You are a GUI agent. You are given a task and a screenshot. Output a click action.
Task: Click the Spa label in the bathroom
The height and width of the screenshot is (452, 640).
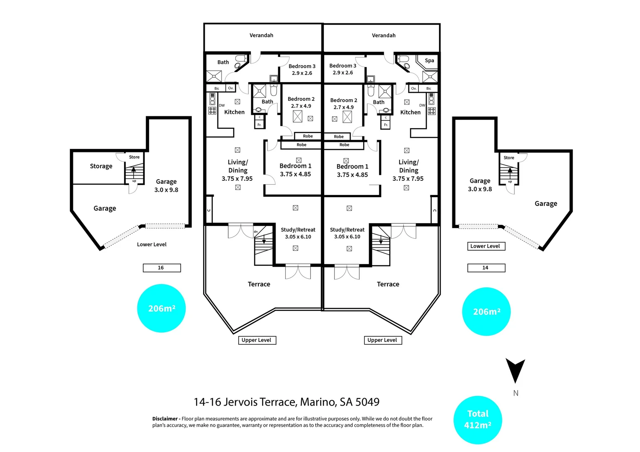pos(429,61)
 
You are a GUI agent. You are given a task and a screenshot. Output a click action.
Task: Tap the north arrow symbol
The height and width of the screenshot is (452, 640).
pos(515,371)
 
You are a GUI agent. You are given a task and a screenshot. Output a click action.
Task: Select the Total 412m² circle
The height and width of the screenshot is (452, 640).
pos(478,420)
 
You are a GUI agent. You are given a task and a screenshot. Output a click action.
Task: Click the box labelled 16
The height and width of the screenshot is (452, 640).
pos(162,268)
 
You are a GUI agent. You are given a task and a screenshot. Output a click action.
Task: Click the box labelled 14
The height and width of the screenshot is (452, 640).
pos(486,268)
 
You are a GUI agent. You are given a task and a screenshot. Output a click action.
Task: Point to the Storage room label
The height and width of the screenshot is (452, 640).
pos(101,166)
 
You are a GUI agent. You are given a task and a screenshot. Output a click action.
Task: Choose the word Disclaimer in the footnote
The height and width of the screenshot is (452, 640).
pos(165,419)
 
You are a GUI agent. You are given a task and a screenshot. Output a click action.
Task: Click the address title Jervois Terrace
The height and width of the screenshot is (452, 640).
pos(260,402)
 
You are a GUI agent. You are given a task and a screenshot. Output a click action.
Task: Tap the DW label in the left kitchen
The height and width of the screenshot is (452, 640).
pos(222,105)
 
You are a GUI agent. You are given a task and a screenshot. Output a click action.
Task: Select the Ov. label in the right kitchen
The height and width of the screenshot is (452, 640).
pos(414,88)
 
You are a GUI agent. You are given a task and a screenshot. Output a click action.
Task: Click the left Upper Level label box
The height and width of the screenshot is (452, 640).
pos(257,340)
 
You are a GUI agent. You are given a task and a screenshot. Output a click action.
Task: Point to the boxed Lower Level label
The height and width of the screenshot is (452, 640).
pos(486,246)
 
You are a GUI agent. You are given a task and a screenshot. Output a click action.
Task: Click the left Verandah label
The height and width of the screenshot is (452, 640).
pos(261,36)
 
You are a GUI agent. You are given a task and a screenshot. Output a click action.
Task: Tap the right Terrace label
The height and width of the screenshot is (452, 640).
pos(388,284)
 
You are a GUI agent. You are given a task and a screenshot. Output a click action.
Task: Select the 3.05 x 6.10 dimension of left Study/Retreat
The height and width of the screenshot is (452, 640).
pos(298,237)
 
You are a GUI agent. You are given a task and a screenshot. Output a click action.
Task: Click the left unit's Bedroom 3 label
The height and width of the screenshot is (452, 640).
pos(302,66)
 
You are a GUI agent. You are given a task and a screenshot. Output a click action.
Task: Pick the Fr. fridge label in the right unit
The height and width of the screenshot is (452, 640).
pos(386,125)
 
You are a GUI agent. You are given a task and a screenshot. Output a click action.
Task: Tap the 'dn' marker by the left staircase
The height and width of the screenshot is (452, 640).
pos(256,231)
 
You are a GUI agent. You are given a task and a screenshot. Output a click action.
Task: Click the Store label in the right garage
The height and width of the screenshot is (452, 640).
pos(509,158)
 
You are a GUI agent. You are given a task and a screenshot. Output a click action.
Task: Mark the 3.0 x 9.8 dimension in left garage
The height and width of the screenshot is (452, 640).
pos(166,190)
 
